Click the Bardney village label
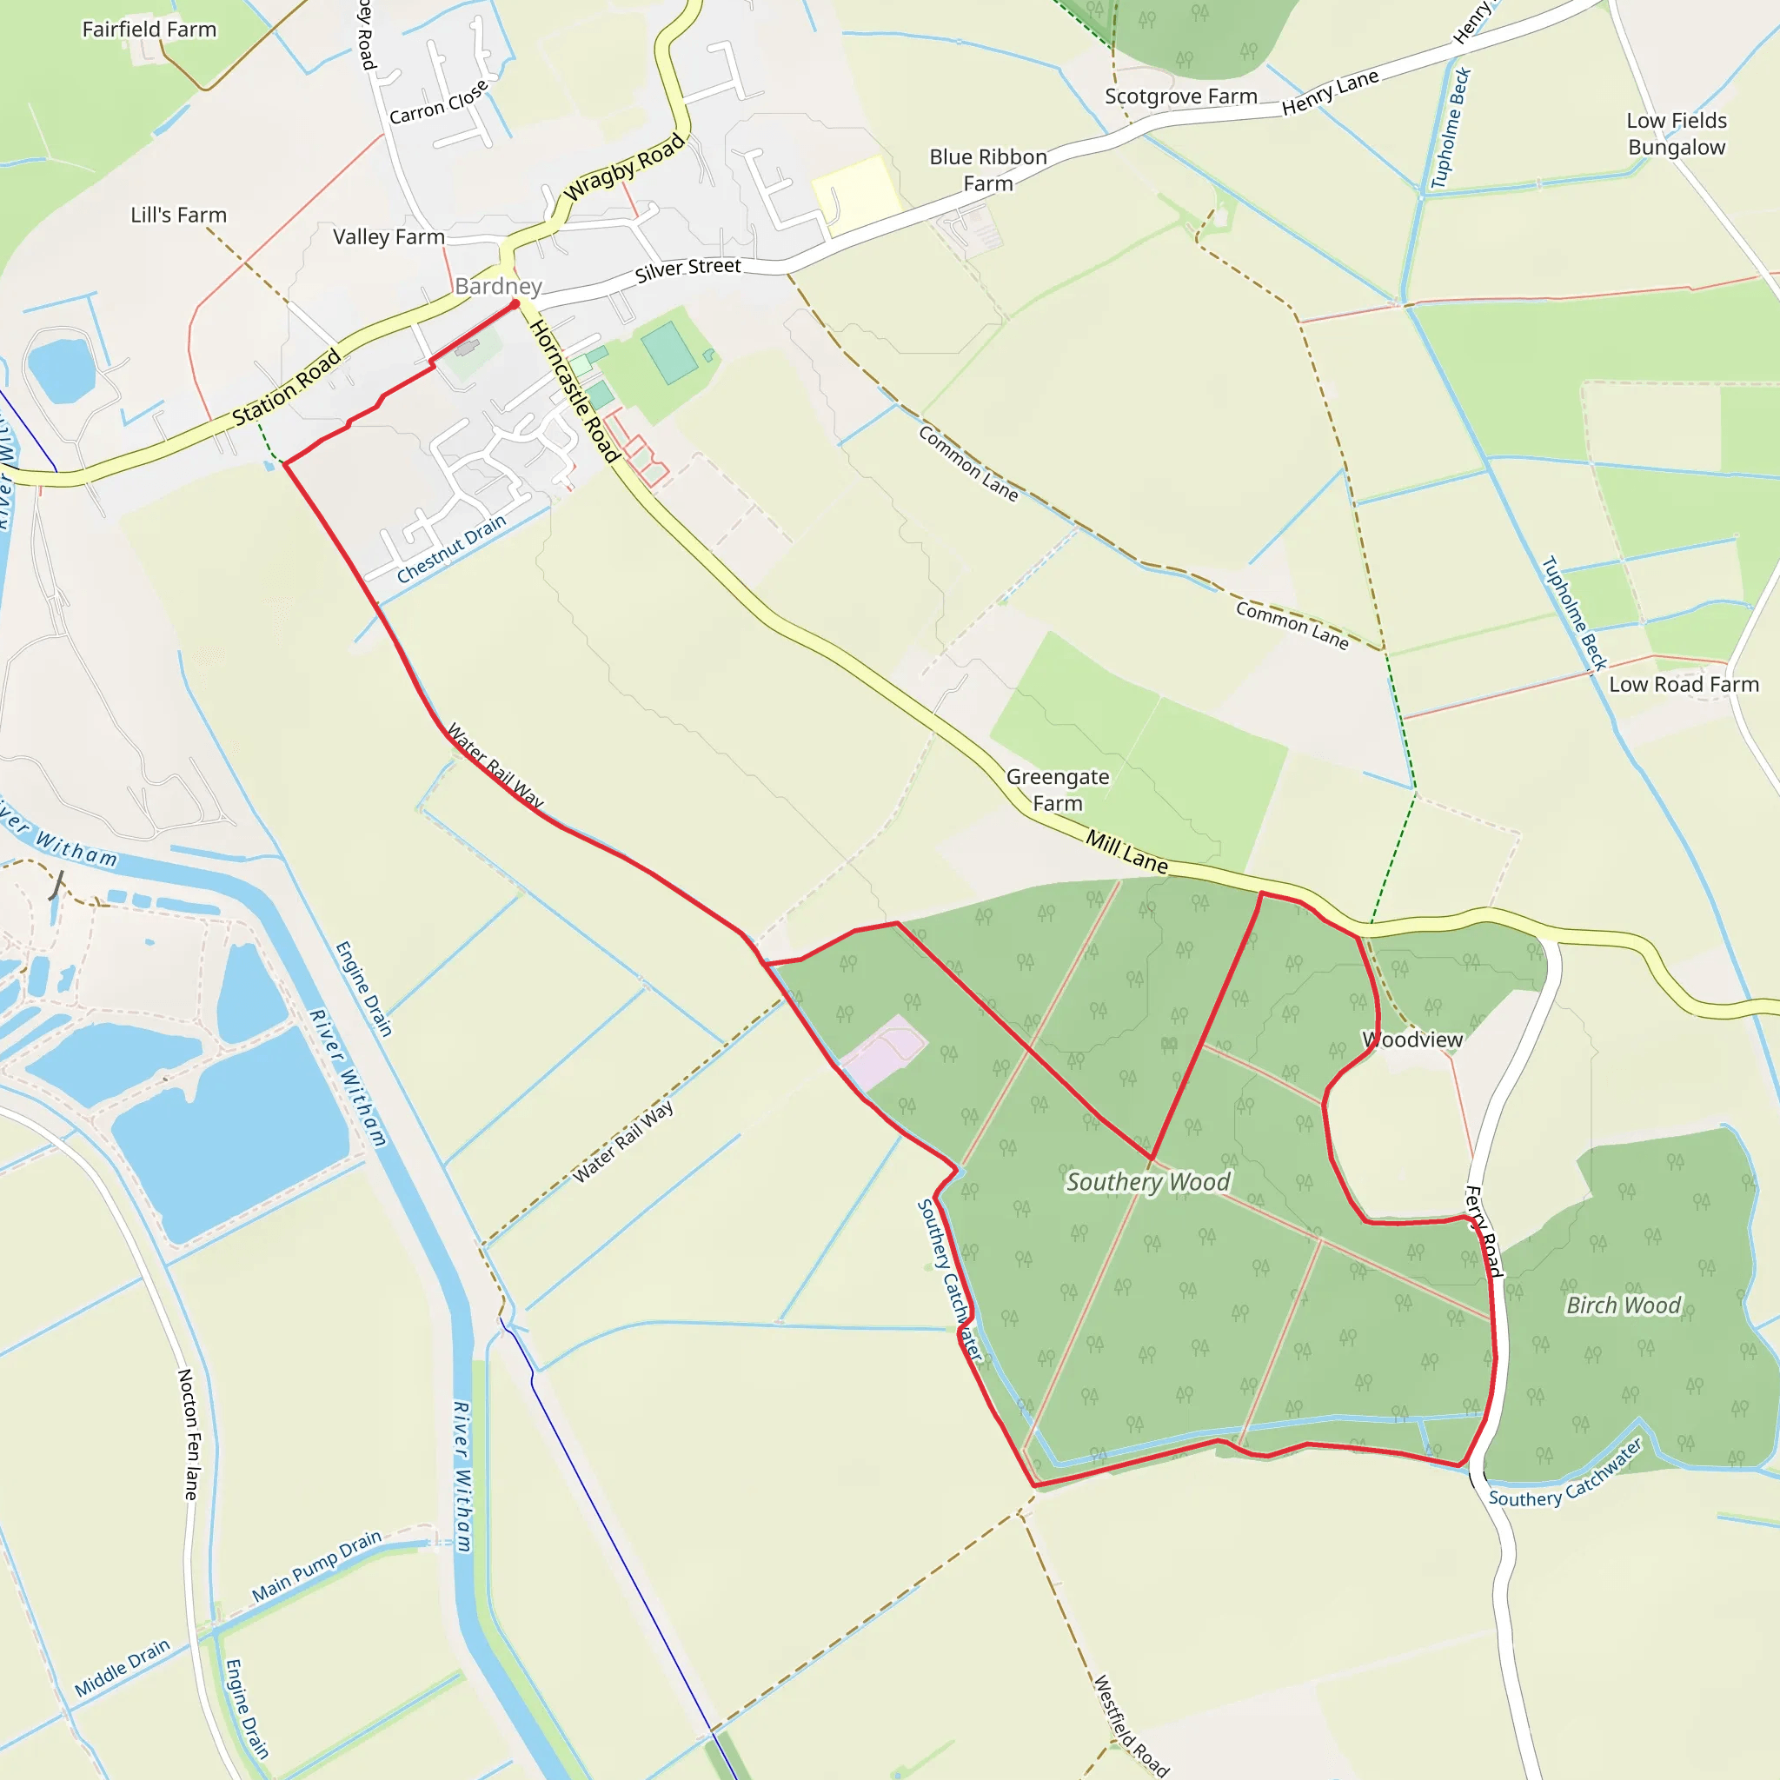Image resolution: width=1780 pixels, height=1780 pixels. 497,287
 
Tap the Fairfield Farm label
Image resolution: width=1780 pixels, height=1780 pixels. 149,30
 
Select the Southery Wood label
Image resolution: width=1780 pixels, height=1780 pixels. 1147,1182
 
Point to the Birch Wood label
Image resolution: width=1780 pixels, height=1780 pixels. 1624,1305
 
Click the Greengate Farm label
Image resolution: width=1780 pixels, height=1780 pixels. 1058,789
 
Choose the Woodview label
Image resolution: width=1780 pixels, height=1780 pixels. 1412,1039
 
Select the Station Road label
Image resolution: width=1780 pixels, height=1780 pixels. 286,387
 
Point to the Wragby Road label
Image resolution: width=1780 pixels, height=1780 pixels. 625,168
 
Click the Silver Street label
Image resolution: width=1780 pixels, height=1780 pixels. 687,269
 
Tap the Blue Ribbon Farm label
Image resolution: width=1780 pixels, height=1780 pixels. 987,169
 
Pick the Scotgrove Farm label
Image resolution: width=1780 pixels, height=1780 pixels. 1180,96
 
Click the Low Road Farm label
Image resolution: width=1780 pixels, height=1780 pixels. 1684,685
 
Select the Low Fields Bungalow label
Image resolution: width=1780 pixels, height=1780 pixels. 1676,134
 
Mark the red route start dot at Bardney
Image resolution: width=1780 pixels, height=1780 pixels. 515,303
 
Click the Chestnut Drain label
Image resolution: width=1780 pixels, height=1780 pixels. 451,549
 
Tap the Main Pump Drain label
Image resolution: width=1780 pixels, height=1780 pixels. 316,1566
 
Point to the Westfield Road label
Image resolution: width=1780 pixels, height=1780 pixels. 1131,1725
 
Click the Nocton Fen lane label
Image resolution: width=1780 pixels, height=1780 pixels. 187,1433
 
